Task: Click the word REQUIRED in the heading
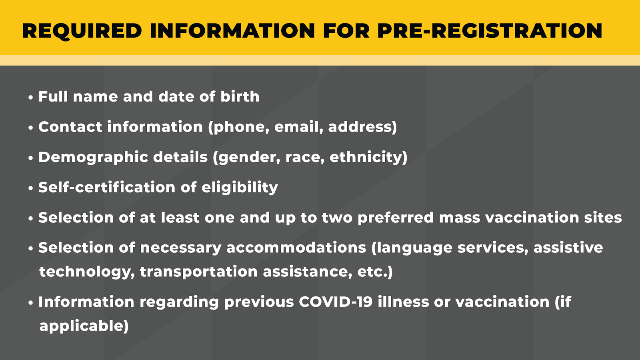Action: coord(82,31)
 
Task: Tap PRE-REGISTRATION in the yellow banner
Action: coord(490,30)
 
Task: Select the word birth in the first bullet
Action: coord(240,96)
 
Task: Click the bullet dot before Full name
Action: coord(31,98)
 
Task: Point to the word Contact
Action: coord(70,127)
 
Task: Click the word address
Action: coord(360,127)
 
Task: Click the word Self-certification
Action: coord(107,188)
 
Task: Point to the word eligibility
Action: coord(240,188)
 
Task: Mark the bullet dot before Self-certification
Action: coord(31,188)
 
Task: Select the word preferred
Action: coord(396,218)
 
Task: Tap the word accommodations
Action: coord(296,248)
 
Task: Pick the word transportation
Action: coord(199,272)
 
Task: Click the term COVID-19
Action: coord(336,302)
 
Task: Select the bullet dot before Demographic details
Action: coord(31,158)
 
